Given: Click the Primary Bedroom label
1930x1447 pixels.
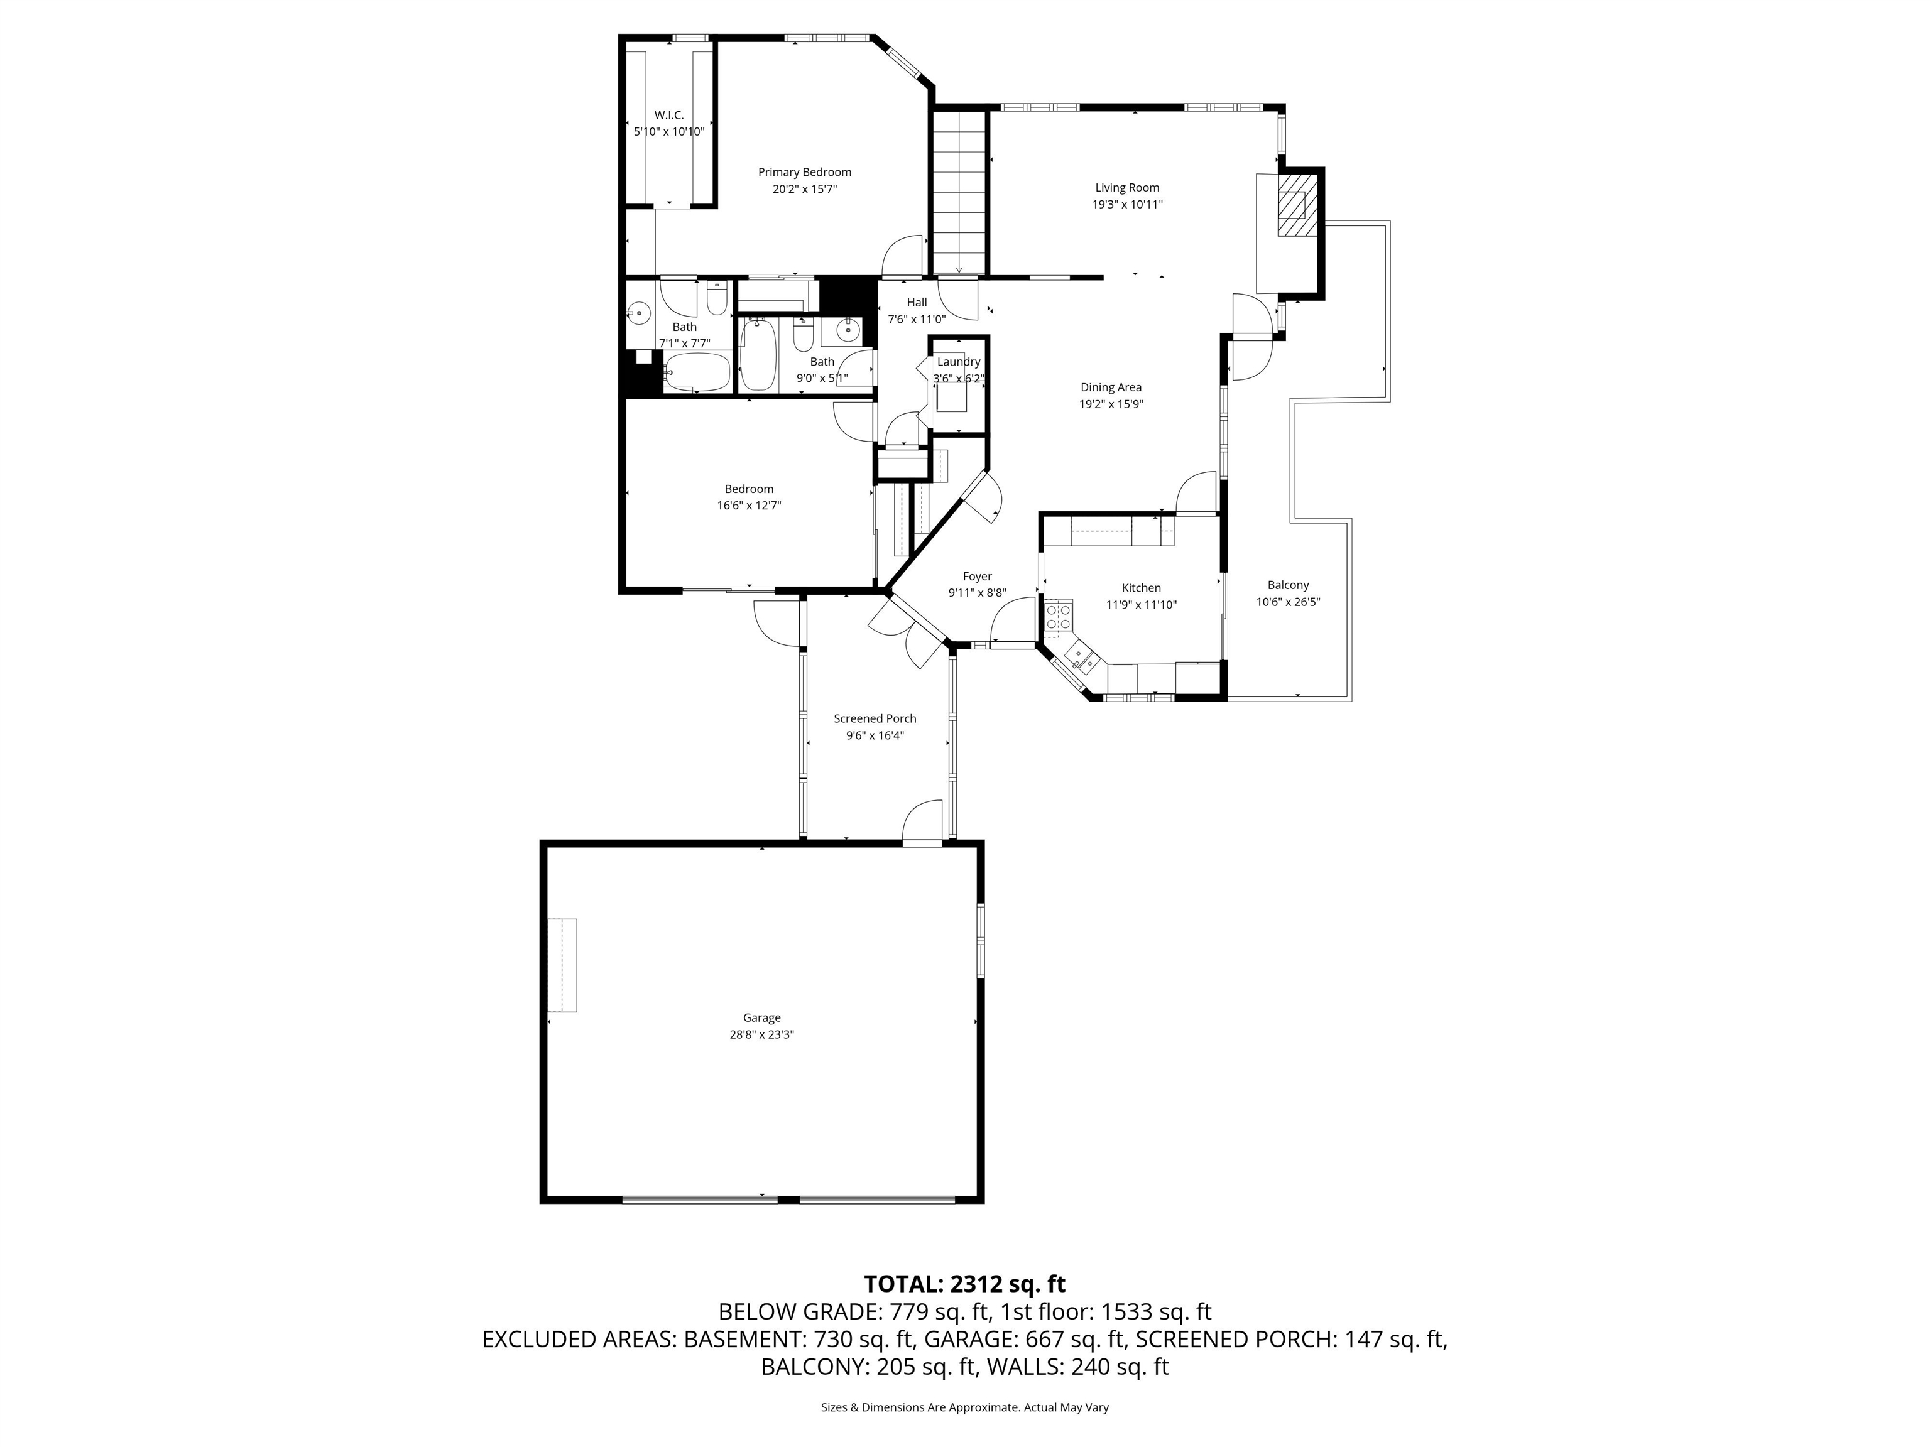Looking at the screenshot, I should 804,173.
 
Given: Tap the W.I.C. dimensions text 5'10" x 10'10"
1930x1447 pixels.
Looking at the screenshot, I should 668,132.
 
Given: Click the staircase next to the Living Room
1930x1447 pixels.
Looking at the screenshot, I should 959,192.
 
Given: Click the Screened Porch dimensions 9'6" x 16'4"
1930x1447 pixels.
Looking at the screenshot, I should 875,735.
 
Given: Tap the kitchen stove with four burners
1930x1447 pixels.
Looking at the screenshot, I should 1059,617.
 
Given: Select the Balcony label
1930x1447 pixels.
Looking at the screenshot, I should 1288,585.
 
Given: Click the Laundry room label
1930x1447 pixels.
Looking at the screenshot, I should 958,362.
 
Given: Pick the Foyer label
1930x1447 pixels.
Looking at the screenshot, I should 976,577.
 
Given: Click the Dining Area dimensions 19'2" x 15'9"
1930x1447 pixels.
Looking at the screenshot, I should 1111,404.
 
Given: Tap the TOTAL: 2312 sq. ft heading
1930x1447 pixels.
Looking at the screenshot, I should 964,1284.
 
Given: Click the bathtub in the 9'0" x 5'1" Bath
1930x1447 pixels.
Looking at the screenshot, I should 758,356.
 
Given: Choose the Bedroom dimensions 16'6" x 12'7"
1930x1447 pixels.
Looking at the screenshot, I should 749,505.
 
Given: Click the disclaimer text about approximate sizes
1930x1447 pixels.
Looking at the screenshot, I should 964,1407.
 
